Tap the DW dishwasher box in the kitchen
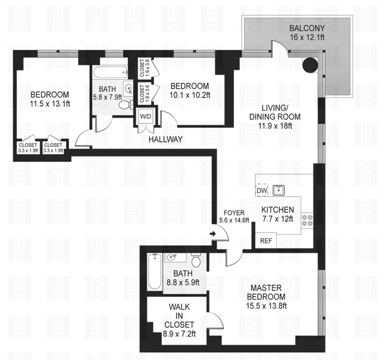tap(262, 191)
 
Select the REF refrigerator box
tap(266, 240)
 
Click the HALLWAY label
tap(166, 140)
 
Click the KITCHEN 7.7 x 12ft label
tap(278, 214)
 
